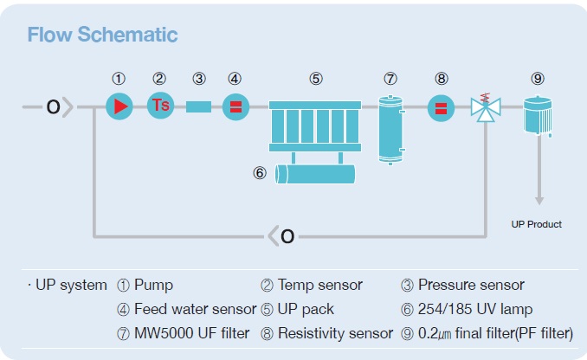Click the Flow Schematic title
tap(102, 35)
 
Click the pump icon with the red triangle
tap(119, 106)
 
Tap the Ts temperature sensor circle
tap(160, 106)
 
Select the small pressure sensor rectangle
tap(198, 106)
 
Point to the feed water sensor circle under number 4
tap(235, 107)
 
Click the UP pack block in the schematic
tap(315, 126)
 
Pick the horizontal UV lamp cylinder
tap(315, 175)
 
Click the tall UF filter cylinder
tap(390, 130)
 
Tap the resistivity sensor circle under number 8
tap(441, 108)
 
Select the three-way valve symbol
tap(486, 108)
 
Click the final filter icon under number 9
tap(538, 115)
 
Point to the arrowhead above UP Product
tap(539, 200)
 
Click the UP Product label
tap(537, 224)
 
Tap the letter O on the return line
tap(287, 236)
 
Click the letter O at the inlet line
tap(53, 107)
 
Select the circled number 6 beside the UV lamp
tap(260, 173)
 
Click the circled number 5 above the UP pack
tap(316, 79)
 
